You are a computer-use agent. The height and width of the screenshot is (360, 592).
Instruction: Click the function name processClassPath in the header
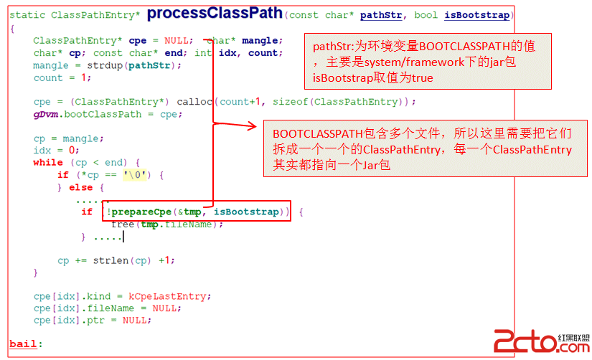(214, 14)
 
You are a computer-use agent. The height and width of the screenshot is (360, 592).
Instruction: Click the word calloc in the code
(194, 102)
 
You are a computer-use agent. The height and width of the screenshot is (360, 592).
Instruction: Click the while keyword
(48, 163)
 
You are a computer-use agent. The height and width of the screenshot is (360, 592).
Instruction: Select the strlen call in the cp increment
(111, 260)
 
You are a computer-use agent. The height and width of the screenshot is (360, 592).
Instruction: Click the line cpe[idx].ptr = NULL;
(92, 321)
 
